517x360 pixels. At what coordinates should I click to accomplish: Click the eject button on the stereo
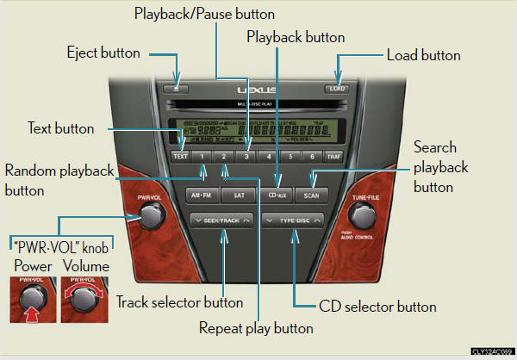(177, 87)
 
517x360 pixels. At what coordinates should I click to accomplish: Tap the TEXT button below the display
(180, 158)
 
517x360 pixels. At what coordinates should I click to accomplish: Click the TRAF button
(336, 158)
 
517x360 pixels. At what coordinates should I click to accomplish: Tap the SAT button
(239, 196)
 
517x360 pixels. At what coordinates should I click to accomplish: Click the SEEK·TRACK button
(222, 221)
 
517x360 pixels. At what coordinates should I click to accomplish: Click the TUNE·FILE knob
(365, 218)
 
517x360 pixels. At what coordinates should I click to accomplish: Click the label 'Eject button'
(103, 53)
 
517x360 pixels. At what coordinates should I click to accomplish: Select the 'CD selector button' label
(377, 307)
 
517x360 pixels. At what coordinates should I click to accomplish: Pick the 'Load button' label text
(424, 55)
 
